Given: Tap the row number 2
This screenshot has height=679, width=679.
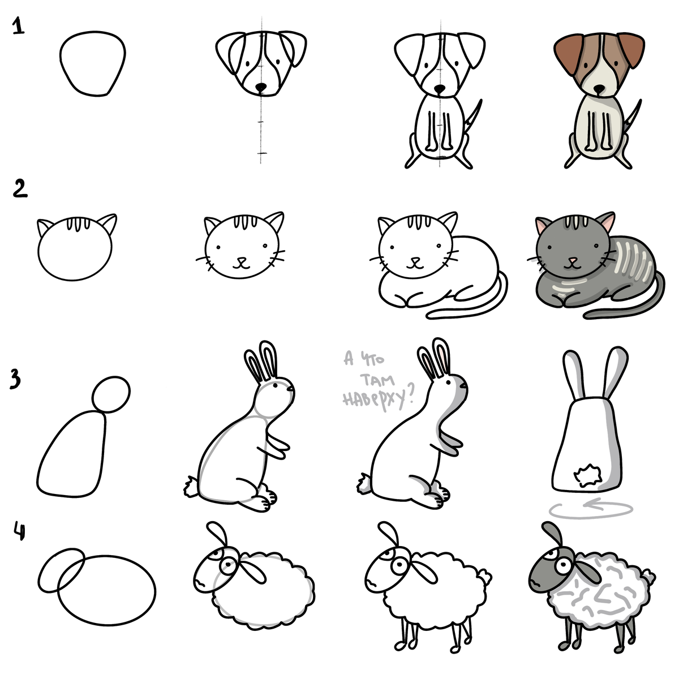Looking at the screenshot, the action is [x=20, y=188].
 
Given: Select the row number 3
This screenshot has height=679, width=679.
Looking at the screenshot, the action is [x=15, y=379].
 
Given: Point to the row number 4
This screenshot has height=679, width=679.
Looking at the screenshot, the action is [x=19, y=531].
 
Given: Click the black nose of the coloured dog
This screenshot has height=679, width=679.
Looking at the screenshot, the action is [x=599, y=89].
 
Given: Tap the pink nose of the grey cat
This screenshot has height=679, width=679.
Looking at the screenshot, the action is [x=574, y=261].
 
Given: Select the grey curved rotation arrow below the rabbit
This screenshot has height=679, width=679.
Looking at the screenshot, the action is [x=591, y=509].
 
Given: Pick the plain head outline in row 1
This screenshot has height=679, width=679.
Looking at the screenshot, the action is [x=93, y=64].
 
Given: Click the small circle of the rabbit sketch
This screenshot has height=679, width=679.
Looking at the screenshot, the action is [x=111, y=394].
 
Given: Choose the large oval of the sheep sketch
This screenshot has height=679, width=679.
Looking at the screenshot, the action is [x=106, y=590].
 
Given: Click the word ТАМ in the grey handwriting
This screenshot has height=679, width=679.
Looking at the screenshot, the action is [x=378, y=381].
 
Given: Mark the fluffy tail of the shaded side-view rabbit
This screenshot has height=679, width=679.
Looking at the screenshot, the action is [x=364, y=483].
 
